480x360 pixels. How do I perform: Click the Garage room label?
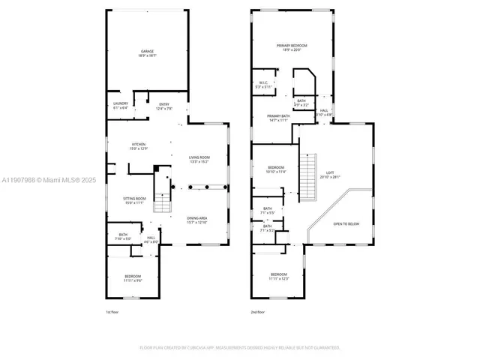pos(147,53)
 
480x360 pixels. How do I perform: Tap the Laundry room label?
pos(120,106)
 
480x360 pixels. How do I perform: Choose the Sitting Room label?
pos(133,200)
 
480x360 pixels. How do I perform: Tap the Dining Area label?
pos(197,220)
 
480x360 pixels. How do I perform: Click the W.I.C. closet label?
pos(263,85)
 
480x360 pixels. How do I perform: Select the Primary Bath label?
pos(278,118)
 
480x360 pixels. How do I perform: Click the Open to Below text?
pos(346,223)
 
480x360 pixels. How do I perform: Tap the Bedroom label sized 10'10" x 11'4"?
pos(277,169)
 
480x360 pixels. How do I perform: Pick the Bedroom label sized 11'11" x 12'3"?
pos(279,277)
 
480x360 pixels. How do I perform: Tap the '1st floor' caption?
pos(112,312)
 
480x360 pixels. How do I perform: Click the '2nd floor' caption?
pos(258,312)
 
